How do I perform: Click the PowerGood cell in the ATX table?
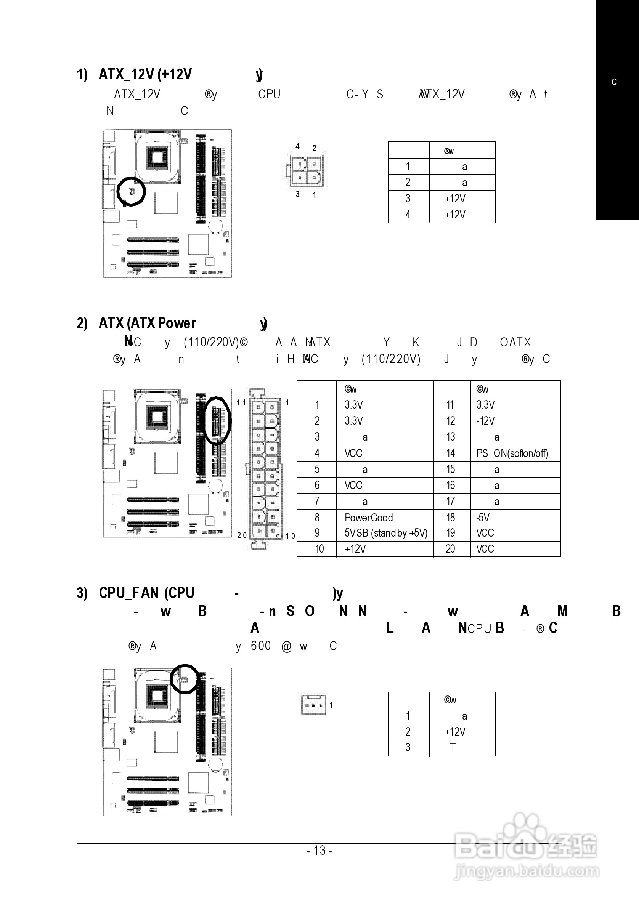pos(368,518)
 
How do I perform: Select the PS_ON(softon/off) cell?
pos(512,453)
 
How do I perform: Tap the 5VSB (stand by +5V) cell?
pos(386,533)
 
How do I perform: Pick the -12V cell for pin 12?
pos(485,421)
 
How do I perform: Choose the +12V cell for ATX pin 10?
pos(355,549)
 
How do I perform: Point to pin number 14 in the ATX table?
pos(451,453)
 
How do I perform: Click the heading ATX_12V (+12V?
pos(145,74)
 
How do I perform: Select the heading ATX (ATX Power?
pos(147,324)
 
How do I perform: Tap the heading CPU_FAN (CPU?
pos(147,593)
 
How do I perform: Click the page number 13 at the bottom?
pos(319,850)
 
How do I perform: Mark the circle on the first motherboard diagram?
pos(132,192)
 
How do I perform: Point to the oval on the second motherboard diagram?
pos(217,420)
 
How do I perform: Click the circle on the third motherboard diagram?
pos(185,679)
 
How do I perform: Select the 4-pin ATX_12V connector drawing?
pos(305,171)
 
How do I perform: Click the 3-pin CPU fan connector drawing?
pos(313,704)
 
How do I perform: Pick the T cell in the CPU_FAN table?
pos(453,748)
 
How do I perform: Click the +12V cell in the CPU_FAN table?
pos(454,732)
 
